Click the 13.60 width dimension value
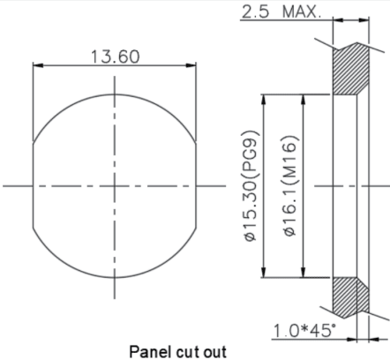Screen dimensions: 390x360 [x=115, y=56]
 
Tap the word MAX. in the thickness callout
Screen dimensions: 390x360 [x=301, y=12]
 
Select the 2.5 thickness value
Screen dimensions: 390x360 [x=255, y=12]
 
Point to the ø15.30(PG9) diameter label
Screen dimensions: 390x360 [x=251, y=186]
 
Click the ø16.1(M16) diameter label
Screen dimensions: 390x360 [x=290, y=186]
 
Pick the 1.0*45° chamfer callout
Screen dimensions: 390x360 [x=304, y=330]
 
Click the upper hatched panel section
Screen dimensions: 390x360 [x=350, y=69]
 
